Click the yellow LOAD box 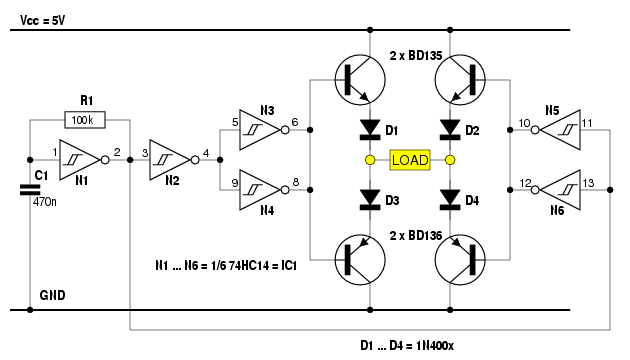pos(410,160)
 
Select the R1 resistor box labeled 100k pos(85,120)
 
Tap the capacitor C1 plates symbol pos(30,190)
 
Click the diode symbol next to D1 pos(370,130)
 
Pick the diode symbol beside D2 pos(450,130)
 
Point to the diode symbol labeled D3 pos(370,200)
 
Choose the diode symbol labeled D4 pos(450,200)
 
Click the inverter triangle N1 pos(80,160)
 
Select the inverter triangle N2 pos(170,160)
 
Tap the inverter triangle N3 pos(260,130)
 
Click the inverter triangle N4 pos(260,190)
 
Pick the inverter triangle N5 pos(560,130)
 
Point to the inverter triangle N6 pos(560,190)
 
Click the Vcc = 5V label pos(43,20)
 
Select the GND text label pos(52,295)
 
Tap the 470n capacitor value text pos(45,202)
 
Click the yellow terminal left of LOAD pos(370,160)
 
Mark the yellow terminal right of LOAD pos(450,160)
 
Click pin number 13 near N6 pos(588,183)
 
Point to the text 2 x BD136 pos(416,235)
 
